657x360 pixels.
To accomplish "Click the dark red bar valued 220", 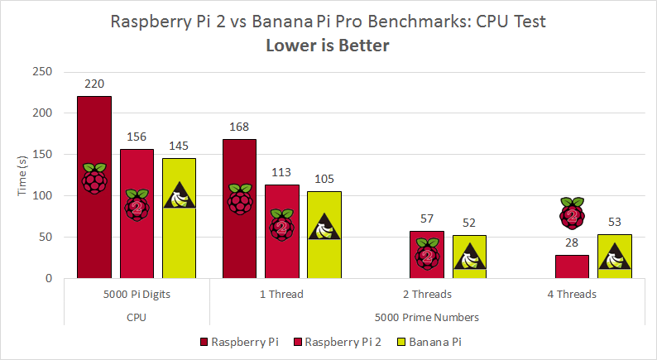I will pyautogui.click(x=94, y=187).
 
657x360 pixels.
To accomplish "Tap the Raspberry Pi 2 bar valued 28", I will pyautogui.click(x=572, y=266).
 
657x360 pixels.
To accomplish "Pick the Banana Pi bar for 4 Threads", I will pyautogui.click(x=614, y=257).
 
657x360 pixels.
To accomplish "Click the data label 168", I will pyautogui.click(x=239, y=127).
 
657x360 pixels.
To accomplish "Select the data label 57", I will pyautogui.click(x=427, y=218).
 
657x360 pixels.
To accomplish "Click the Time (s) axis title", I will pyautogui.click(x=23, y=175).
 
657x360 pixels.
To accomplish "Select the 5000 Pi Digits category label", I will pyautogui.click(x=137, y=294).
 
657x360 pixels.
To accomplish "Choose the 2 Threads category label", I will pyautogui.click(x=428, y=294).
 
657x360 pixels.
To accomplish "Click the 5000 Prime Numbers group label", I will pyautogui.click(x=428, y=316).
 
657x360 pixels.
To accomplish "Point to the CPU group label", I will pyautogui.click(x=137, y=316).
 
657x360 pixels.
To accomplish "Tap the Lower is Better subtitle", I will pyautogui.click(x=328, y=45).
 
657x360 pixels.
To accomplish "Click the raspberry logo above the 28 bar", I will pyautogui.click(x=572, y=214).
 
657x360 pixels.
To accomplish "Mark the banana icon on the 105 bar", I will pyautogui.click(x=324, y=226).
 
